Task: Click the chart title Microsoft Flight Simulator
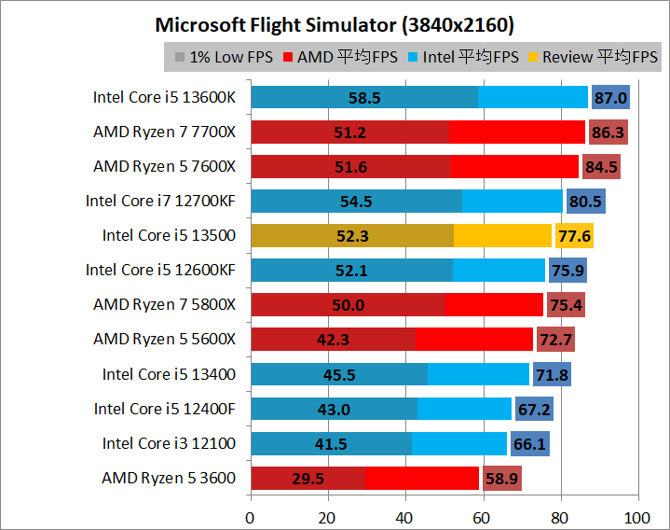click(x=335, y=23)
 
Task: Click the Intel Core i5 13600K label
click(x=165, y=97)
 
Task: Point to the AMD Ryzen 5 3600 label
click(x=169, y=479)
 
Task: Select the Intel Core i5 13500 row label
click(x=170, y=235)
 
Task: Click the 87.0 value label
click(x=610, y=98)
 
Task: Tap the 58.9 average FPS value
click(x=502, y=480)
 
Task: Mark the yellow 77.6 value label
click(x=574, y=236)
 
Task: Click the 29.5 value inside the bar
click(x=308, y=480)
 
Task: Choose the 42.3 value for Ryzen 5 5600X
click(x=333, y=341)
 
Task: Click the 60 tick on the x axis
click(x=483, y=516)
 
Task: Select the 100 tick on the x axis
click(x=637, y=516)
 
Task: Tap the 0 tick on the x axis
click(x=250, y=516)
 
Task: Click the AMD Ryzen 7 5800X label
click(x=165, y=304)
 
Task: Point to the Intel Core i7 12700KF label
click(x=161, y=201)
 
